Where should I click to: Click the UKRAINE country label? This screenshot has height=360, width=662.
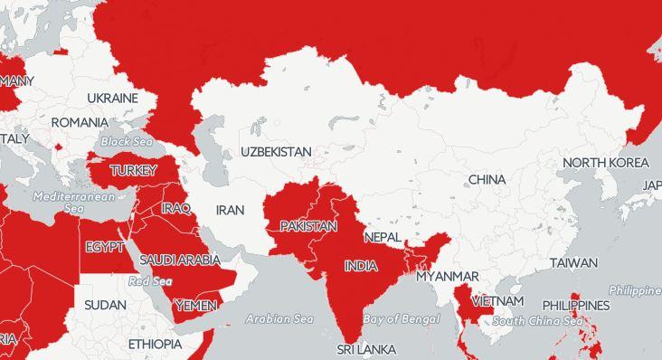112,98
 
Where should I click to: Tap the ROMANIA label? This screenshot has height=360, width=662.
80,122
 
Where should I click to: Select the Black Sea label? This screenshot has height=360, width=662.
127,142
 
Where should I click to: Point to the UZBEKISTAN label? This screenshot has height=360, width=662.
276,152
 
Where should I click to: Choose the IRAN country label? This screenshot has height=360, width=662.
230,210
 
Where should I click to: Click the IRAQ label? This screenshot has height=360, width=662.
175,208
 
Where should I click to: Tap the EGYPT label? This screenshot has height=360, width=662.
105,247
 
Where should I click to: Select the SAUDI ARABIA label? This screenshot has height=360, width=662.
179,261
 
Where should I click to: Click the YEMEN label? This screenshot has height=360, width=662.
195,305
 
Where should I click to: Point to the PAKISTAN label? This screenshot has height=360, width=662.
308,226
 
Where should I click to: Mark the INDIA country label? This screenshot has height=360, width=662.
361,266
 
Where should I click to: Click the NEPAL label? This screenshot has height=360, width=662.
382,237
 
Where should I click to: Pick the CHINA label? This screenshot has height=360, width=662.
487,179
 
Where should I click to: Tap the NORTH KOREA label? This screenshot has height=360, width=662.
605,163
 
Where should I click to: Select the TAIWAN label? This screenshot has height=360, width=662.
573,263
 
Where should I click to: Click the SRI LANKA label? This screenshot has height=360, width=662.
366,349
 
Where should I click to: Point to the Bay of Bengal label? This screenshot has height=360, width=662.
402,319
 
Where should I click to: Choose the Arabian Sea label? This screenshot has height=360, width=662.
279,318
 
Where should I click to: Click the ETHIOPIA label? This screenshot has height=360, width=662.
155,345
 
